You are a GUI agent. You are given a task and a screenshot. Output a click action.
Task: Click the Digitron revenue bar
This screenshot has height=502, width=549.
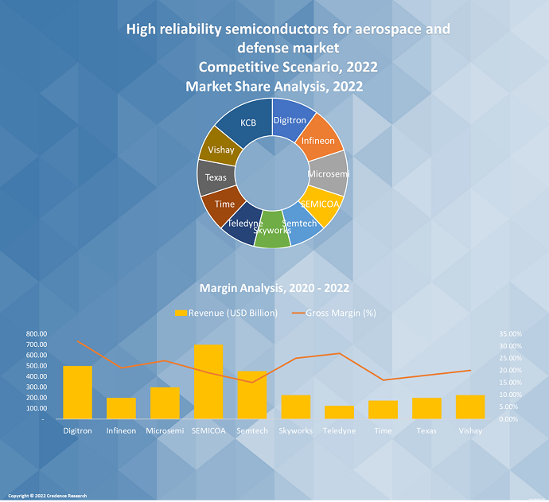(77, 391)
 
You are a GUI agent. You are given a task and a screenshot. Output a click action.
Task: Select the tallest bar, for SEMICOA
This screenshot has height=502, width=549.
(208, 381)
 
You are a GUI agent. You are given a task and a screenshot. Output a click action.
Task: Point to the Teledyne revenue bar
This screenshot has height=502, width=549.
(339, 412)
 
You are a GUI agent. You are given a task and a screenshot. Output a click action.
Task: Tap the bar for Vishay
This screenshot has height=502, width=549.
(470, 407)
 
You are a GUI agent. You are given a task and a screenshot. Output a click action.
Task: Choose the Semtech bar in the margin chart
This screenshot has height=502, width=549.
(251, 395)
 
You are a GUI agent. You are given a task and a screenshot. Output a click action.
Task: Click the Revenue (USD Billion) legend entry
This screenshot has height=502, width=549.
(227, 313)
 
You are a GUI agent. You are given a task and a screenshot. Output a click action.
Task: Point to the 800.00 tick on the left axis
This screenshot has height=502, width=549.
(36, 334)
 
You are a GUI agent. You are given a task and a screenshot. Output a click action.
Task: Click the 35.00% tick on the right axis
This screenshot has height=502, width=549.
(511, 334)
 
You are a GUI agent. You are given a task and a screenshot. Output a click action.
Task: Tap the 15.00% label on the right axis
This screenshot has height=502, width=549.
(511, 383)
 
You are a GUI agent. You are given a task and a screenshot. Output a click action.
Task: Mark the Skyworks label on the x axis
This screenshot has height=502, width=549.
(295, 430)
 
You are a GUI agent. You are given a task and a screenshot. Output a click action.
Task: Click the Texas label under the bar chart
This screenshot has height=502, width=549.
(426, 430)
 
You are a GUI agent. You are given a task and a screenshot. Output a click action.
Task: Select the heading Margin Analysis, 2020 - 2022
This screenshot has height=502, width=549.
(274, 288)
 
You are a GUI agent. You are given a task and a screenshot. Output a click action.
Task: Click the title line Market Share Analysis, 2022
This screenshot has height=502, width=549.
(274, 86)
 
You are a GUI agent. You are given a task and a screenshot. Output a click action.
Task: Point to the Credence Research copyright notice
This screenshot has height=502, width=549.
(48, 496)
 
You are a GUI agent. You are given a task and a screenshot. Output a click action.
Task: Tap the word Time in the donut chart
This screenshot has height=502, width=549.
(225, 204)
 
